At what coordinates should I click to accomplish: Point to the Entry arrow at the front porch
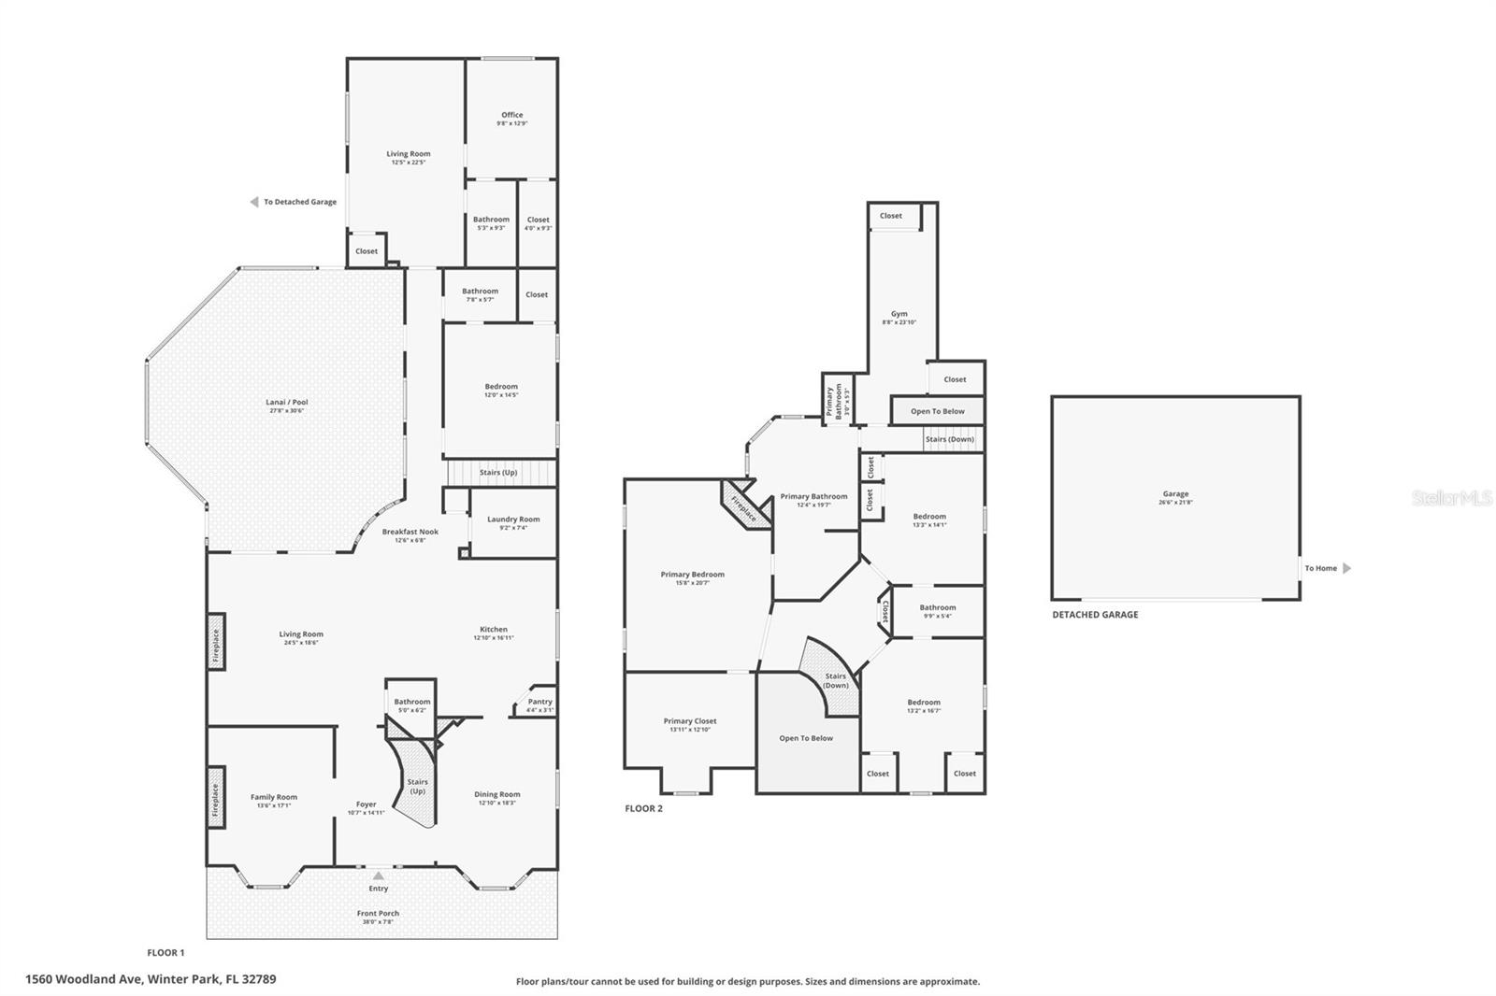point(378,876)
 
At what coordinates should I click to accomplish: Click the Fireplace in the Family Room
point(215,800)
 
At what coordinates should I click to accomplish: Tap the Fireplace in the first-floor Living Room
point(215,645)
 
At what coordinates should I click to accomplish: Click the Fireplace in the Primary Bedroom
point(743,506)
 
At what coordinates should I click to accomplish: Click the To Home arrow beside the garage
point(1346,568)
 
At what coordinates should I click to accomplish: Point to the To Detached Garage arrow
point(254,202)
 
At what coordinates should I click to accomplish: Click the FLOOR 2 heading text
point(643,808)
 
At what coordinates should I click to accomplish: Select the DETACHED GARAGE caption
point(1095,615)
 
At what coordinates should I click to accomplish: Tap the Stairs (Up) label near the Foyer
point(417,786)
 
